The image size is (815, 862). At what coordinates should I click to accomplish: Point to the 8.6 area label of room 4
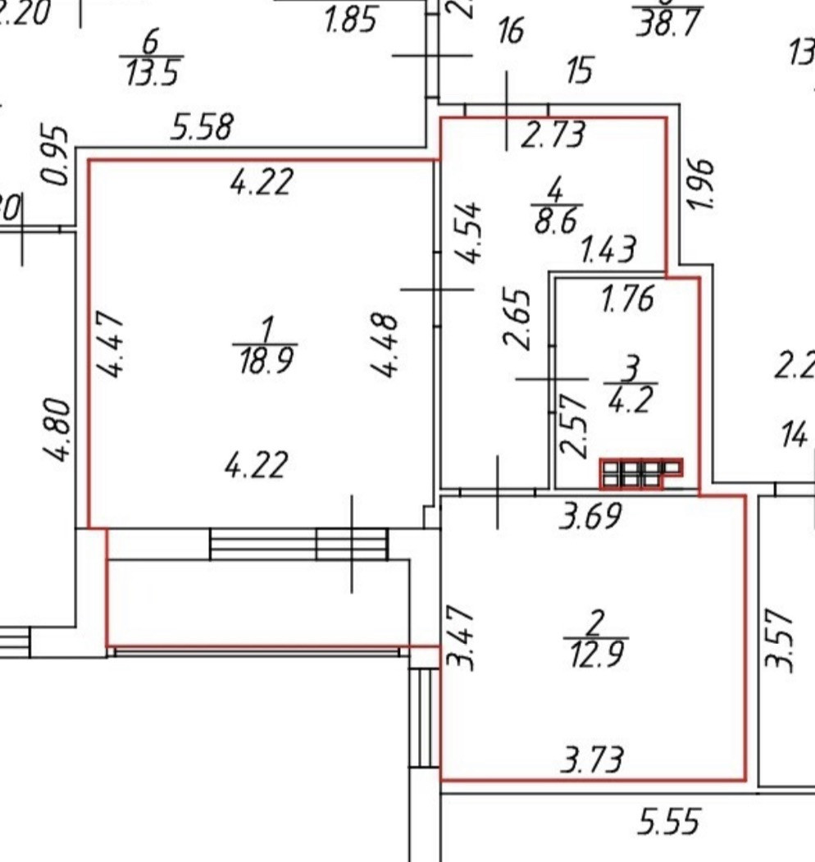coord(556,222)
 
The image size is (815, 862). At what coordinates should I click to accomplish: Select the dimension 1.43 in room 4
coord(608,249)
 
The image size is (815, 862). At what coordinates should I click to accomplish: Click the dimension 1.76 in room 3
coord(627,299)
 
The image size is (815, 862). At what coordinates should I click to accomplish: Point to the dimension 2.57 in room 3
coord(573,424)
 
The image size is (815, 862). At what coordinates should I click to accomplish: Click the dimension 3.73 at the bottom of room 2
coord(592,759)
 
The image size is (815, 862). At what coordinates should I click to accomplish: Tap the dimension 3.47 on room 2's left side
coord(464,638)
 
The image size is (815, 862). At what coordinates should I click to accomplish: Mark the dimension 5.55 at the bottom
coord(668,822)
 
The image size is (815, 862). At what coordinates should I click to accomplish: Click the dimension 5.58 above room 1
coord(202,127)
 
